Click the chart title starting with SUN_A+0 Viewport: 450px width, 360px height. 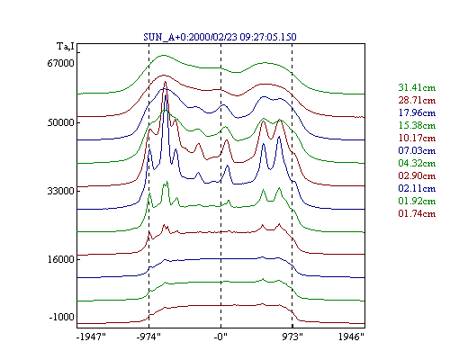pos(220,37)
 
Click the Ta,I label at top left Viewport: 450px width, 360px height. pos(66,47)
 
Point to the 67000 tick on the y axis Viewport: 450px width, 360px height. pos(60,63)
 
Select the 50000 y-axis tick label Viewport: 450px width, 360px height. pos(60,122)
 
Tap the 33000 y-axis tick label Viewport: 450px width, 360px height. pos(60,191)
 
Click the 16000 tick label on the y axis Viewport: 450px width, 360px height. pos(60,259)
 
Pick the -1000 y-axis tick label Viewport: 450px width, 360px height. pos(61,317)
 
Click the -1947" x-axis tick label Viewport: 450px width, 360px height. pos(91,337)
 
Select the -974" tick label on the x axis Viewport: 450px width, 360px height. pos(148,337)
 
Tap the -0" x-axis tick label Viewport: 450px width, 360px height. pos(220,337)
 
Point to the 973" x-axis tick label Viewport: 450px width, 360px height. pos(292,337)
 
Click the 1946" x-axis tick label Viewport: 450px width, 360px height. pos(351,337)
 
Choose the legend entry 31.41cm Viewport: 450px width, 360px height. pos(417,87)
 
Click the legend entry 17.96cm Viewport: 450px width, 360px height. pos(417,112)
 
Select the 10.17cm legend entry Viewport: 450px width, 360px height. pos(417,138)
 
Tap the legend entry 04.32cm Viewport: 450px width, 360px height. pos(417,163)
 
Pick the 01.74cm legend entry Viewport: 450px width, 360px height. pos(417,213)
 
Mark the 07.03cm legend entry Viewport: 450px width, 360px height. pos(417,150)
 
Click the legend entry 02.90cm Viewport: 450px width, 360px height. pos(417,175)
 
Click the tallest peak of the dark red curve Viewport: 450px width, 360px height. pos(165,82)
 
